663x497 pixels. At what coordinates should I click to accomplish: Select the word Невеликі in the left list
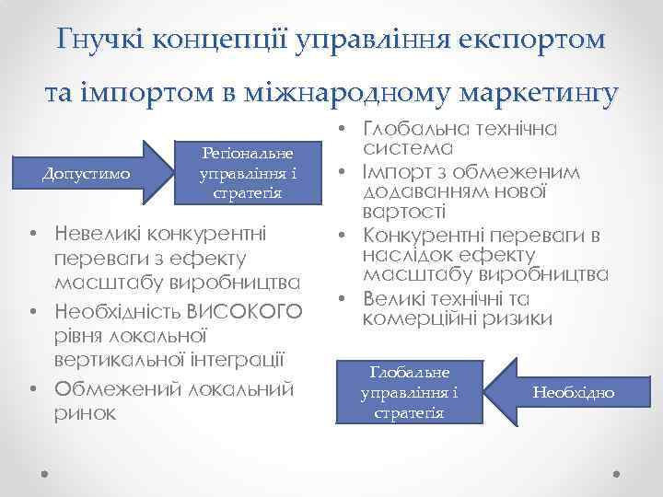pyautogui.click(x=98, y=229)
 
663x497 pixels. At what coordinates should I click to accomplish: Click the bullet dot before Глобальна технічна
pyautogui.click(x=340, y=129)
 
